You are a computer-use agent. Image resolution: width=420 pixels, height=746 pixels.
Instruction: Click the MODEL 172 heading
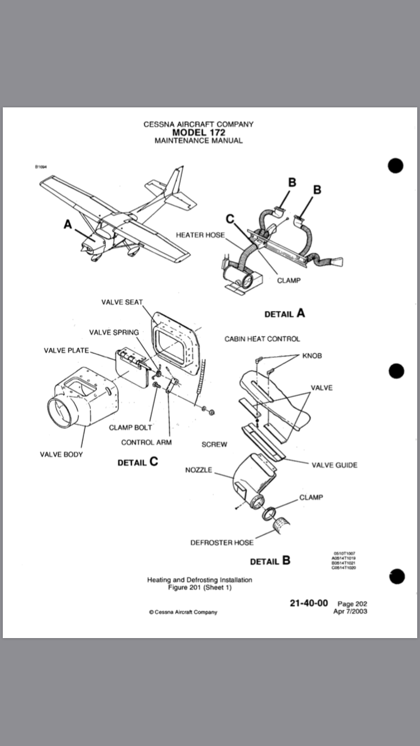[198, 133]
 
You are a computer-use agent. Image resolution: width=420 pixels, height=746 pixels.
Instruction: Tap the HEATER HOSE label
[200, 235]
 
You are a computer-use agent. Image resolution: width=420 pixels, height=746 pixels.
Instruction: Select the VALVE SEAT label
[122, 302]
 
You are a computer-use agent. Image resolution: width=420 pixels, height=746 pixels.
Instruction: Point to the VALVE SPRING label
[114, 332]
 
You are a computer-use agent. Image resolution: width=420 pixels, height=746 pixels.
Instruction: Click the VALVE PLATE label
[66, 351]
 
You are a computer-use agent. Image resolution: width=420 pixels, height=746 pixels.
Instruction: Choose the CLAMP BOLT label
[130, 428]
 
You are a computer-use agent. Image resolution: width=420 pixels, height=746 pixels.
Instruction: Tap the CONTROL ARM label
[146, 442]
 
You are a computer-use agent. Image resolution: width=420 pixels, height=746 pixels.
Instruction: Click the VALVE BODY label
[61, 454]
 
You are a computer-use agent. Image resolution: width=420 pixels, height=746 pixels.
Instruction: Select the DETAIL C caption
[138, 462]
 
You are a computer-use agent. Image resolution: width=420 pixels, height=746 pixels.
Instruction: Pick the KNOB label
[312, 356]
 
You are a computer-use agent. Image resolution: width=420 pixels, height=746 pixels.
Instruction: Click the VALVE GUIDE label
[334, 465]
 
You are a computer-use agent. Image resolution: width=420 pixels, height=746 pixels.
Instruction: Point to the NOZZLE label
[199, 470]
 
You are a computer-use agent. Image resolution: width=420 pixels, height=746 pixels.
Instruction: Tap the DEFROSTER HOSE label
[222, 542]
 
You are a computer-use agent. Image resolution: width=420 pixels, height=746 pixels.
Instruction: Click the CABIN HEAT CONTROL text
[262, 339]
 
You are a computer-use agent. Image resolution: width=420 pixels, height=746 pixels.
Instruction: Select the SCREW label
[214, 445]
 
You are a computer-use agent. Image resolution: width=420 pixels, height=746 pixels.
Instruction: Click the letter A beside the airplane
[68, 224]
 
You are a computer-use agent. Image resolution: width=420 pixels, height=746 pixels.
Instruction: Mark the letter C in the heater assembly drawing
[230, 218]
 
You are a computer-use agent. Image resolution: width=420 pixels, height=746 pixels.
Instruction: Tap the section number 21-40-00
[309, 603]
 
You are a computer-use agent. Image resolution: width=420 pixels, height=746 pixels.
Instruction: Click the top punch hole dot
[395, 166]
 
